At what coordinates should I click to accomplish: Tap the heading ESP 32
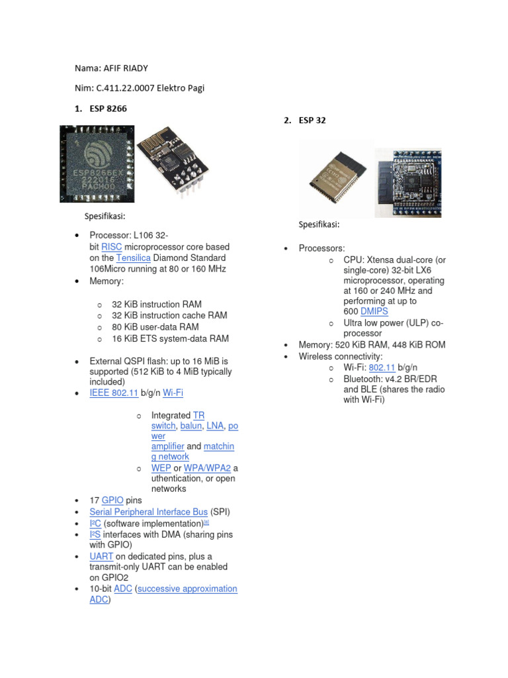(312, 121)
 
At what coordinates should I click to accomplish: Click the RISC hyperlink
(112, 247)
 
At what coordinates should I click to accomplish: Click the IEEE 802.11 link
(114, 393)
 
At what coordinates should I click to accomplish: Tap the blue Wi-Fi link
(173, 393)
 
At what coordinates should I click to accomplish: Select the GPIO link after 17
(112, 501)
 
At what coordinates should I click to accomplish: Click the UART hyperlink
(101, 556)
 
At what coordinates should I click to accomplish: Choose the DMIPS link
(374, 311)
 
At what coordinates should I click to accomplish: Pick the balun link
(190, 426)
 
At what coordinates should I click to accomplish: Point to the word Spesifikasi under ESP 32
(319, 224)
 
